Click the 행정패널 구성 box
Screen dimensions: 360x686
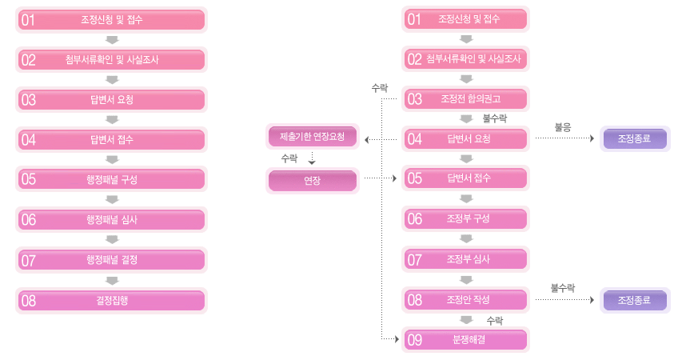coord(112,179)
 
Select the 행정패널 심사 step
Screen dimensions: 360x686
coord(112,219)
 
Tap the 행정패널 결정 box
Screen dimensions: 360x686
coord(112,260)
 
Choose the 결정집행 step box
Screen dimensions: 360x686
coord(112,300)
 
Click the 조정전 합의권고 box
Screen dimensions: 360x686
coord(466,99)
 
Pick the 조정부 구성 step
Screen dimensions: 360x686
coord(466,218)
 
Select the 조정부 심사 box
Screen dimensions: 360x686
coord(466,259)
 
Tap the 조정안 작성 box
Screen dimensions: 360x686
coord(466,300)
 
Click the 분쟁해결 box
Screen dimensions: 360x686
coord(466,340)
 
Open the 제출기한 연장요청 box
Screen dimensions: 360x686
coord(313,137)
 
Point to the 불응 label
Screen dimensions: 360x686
coord(562,126)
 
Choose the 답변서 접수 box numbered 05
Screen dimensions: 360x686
coord(466,178)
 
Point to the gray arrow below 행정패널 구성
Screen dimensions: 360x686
coord(112,199)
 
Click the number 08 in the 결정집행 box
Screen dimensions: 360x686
coord(29,301)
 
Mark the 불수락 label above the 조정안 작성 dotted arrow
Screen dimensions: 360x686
coord(562,286)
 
